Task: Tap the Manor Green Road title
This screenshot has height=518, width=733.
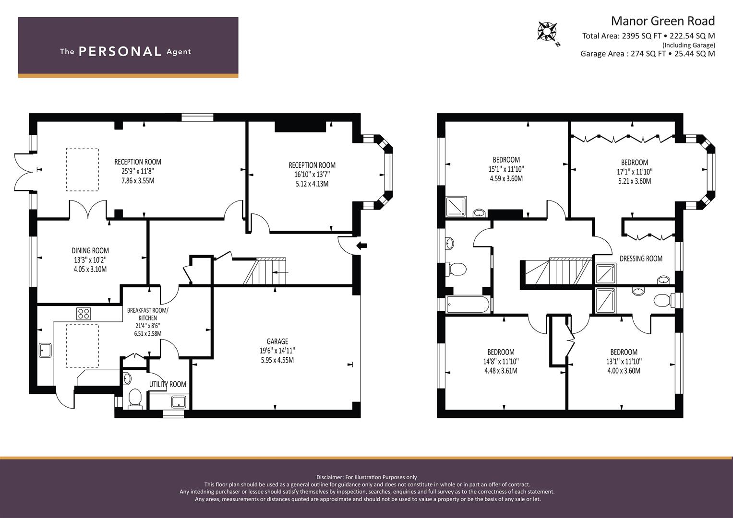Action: coord(662,21)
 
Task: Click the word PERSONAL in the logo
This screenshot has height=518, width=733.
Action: coord(120,52)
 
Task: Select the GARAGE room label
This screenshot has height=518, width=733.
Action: coord(277,341)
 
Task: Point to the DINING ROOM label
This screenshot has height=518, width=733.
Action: coord(90,250)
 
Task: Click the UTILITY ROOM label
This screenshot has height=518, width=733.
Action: coord(168,384)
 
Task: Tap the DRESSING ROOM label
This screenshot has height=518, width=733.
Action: coord(641,259)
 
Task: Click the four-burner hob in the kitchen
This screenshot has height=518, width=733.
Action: coord(84,314)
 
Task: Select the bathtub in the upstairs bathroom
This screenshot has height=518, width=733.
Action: coord(468,305)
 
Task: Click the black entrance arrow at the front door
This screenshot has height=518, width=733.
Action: coord(361,246)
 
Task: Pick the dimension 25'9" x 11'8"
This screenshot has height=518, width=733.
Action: coord(138,171)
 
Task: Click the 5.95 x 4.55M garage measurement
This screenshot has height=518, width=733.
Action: coord(277,360)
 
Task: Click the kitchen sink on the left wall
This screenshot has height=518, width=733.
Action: coord(45,350)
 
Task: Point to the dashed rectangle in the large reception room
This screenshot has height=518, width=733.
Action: coord(83,169)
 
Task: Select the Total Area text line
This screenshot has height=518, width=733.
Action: coord(648,36)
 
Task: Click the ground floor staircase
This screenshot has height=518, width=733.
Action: coord(264,271)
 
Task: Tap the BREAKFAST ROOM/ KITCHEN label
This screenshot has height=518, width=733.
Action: coord(147,314)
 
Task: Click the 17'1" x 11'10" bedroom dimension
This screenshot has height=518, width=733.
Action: coord(635,172)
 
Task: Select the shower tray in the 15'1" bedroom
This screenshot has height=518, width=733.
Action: coord(456,206)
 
